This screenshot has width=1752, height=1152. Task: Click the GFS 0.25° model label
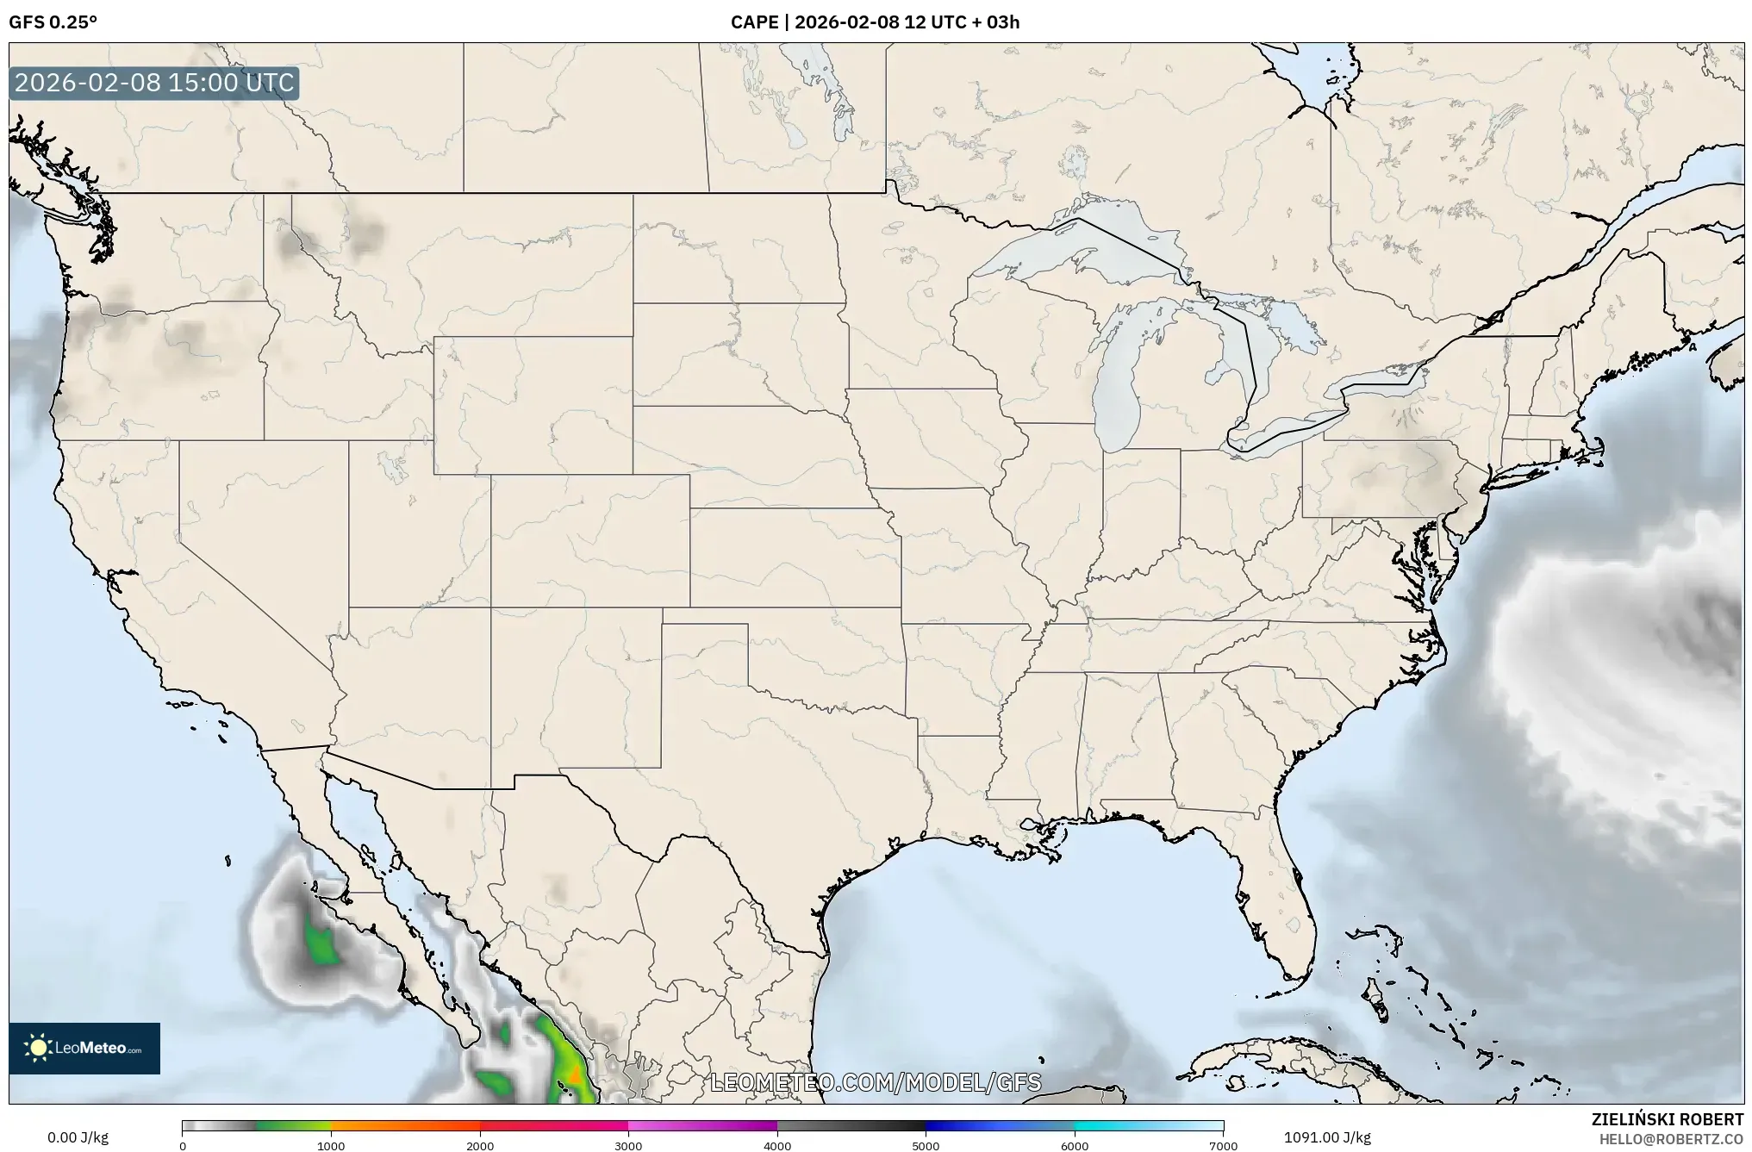(x=53, y=22)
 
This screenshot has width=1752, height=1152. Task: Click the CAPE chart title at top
(x=875, y=22)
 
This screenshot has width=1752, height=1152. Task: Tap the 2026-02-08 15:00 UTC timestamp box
(x=154, y=83)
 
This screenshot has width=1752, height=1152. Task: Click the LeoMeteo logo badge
(x=84, y=1048)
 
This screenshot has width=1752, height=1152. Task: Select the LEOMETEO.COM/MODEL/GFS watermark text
(x=875, y=1082)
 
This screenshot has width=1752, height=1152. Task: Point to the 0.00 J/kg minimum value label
(x=78, y=1137)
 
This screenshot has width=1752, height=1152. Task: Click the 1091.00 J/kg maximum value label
(x=1327, y=1137)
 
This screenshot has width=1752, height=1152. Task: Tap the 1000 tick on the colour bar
(x=331, y=1145)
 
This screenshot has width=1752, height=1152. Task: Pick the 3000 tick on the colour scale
(x=628, y=1145)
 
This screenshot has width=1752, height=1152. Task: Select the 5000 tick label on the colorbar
(x=926, y=1145)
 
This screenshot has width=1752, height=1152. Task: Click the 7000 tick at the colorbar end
(x=1223, y=1145)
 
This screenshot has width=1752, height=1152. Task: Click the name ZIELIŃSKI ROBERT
(x=1667, y=1119)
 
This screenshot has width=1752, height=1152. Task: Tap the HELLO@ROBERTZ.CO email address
(x=1671, y=1138)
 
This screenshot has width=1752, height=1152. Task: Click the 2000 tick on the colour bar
(x=480, y=1145)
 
